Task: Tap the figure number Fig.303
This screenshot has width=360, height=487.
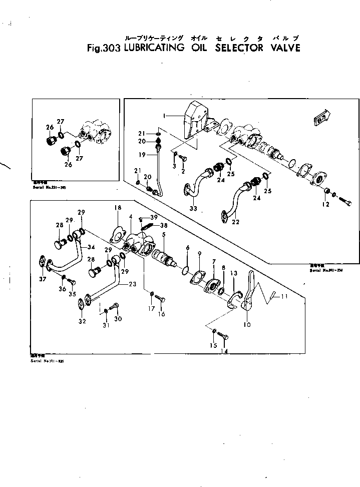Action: point(103,49)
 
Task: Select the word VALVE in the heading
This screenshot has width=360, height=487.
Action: point(282,48)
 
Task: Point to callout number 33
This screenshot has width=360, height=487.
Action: point(193,208)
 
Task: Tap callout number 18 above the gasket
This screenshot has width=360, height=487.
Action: point(118,208)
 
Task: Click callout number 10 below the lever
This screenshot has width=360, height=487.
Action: point(247,324)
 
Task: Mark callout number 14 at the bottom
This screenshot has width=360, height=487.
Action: point(224,351)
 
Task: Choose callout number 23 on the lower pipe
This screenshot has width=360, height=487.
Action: point(132,283)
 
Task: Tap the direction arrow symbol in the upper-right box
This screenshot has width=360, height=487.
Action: point(318,118)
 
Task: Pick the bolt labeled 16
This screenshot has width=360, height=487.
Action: point(160,298)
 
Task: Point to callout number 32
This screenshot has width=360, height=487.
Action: point(81,321)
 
